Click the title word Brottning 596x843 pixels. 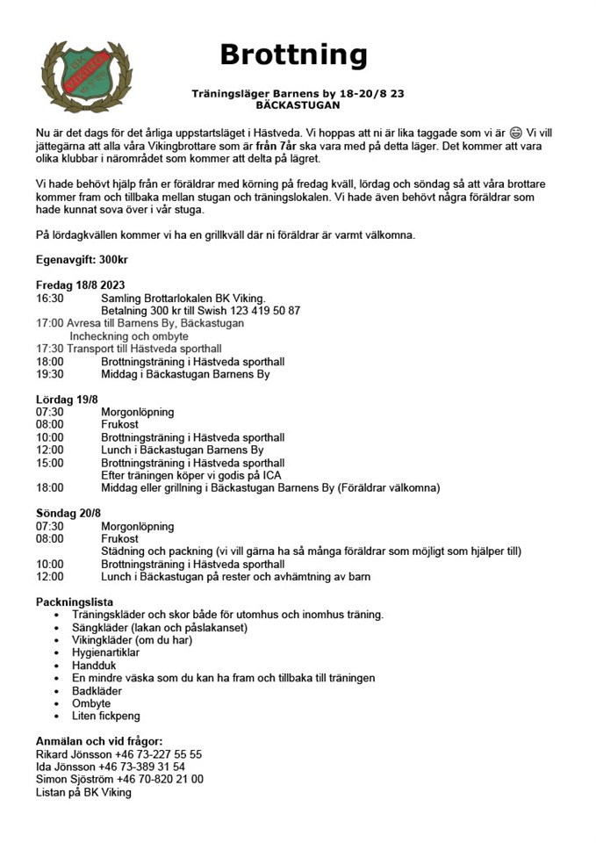pos(293,54)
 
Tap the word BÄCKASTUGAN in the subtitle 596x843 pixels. pos(298,104)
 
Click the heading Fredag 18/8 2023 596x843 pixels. pos(80,285)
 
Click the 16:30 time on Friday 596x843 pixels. pos(49,299)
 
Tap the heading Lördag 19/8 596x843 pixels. pos(67,400)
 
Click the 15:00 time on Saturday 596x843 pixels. pos(49,463)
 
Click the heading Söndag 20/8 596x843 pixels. pos(68,514)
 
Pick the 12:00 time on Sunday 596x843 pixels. pos(49,577)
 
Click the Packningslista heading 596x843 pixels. pos(75,602)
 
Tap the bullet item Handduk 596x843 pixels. pos(95,666)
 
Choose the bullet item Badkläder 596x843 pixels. pos(97,691)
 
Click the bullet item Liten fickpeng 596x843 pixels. pos(106,717)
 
